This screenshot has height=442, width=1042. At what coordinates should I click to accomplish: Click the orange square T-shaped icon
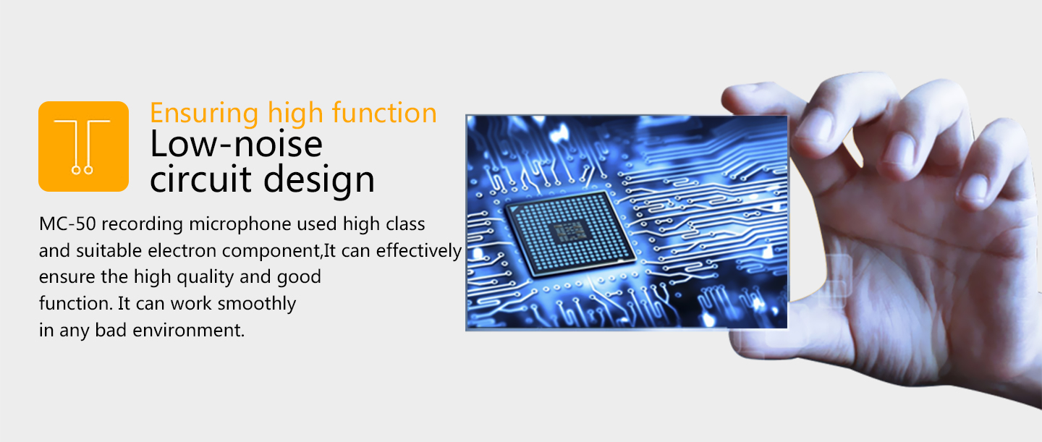(84, 147)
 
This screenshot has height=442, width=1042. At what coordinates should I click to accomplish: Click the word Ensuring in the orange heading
(204, 114)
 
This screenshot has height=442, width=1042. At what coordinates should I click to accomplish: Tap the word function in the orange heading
(384, 113)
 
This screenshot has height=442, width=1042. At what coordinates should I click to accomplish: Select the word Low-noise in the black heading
(237, 144)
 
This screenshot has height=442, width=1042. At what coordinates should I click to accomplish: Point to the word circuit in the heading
(200, 179)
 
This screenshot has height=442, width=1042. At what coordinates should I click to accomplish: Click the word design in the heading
(319, 181)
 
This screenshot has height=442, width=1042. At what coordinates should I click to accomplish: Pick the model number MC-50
(67, 224)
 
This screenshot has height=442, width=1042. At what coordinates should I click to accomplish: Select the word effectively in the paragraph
(419, 251)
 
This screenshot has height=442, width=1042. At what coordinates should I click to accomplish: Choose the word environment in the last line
(188, 331)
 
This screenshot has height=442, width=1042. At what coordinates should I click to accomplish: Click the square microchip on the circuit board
(570, 234)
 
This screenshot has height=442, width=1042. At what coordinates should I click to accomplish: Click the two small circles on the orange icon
(82, 170)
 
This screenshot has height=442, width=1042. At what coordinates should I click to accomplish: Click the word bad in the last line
(111, 331)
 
